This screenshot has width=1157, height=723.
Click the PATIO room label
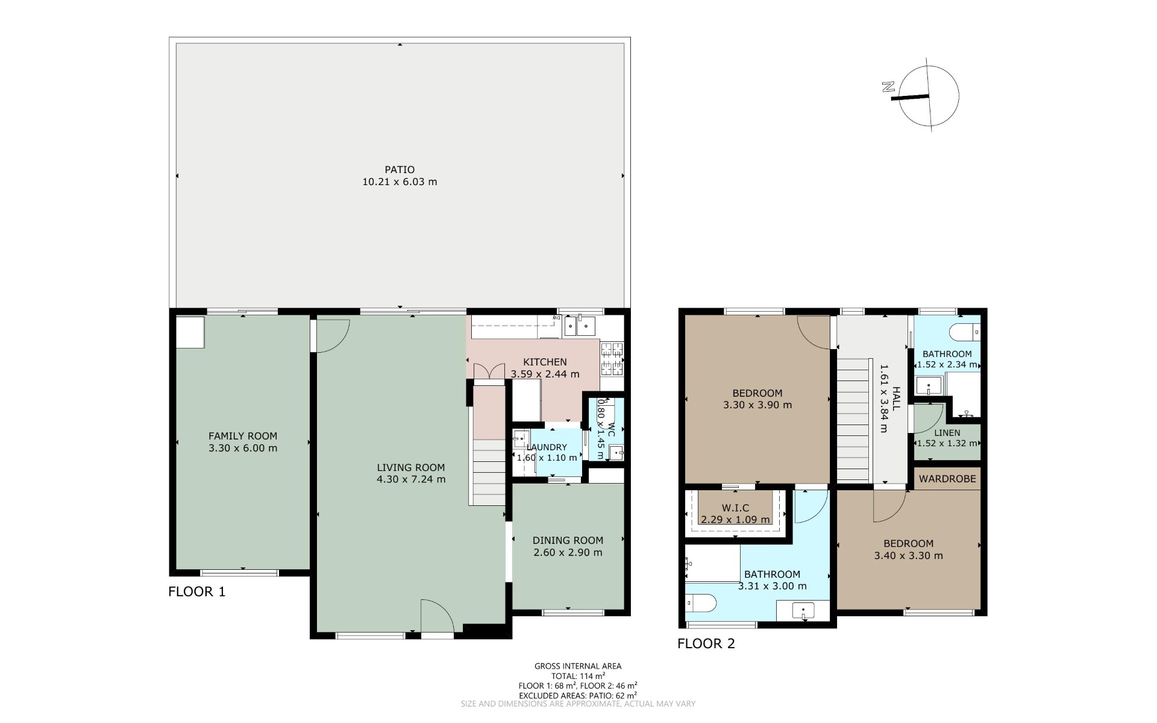pyautogui.click(x=400, y=169)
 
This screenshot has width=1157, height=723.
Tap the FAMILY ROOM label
pyautogui.click(x=243, y=436)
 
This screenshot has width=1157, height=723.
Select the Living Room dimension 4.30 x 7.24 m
pyautogui.click(x=411, y=479)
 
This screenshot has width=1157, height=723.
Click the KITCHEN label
pyautogui.click(x=545, y=362)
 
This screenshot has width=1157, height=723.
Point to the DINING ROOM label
pyautogui.click(x=568, y=540)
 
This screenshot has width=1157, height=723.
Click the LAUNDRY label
pyautogui.click(x=547, y=447)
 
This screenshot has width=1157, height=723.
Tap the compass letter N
pyautogui.click(x=887, y=87)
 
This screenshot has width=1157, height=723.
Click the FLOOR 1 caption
pyautogui.click(x=196, y=592)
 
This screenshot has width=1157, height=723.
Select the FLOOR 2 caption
pyautogui.click(x=706, y=643)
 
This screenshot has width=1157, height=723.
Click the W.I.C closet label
pyautogui.click(x=735, y=508)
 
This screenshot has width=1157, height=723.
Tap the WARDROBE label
pyautogui.click(x=948, y=479)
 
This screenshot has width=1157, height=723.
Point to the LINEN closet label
pyautogui.click(x=947, y=432)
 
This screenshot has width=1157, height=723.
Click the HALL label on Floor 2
pyautogui.click(x=896, y=399)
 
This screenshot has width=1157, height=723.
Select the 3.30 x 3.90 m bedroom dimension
pyautogui.click(x=757, y=405)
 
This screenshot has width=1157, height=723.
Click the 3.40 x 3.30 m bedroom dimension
pyautogui.click(x=909, y=556)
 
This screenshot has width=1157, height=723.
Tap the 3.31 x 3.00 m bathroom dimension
pyautogui.click(x=772, y=586)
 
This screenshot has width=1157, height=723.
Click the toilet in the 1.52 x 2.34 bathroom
pyautogui.click(x=965, y=332)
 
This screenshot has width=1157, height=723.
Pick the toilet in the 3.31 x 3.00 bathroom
pyautogui.click(x=701, y=602)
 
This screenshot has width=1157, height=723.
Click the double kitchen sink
pyautogui.click(x=580, y=326)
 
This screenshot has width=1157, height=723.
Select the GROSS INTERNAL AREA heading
pyautogui.click(x=578, y=666)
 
